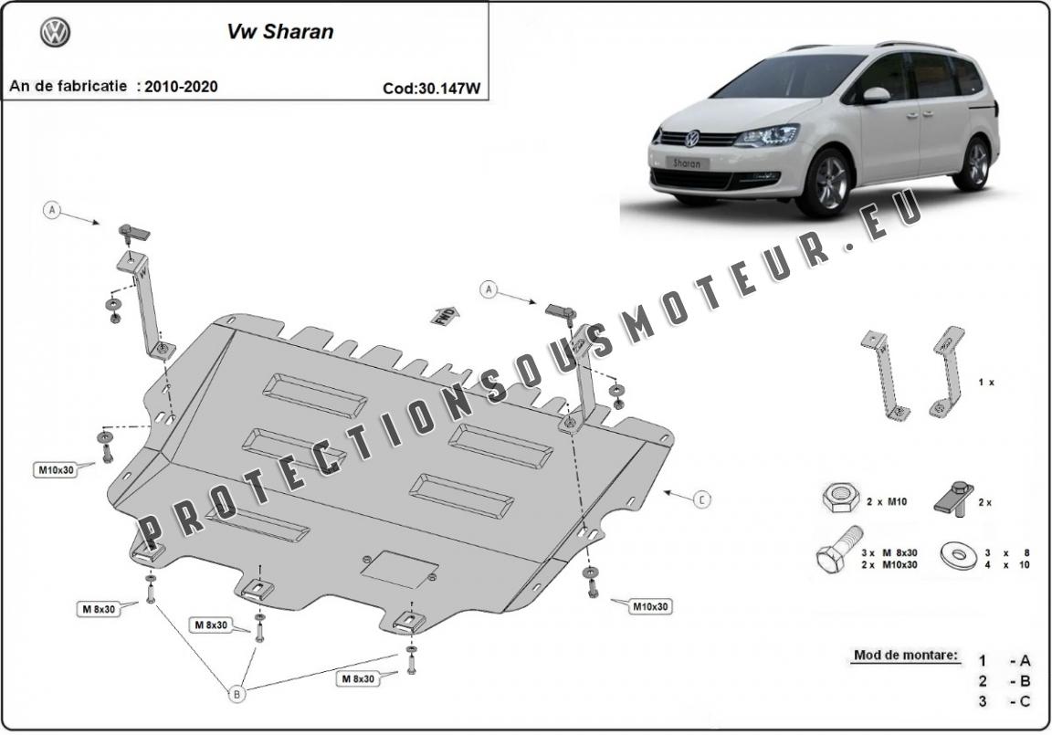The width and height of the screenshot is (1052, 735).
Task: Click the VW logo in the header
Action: (55, 32)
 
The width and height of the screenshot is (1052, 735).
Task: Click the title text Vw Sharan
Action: (280, 32)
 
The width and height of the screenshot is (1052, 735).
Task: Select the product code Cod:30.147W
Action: (431, 88)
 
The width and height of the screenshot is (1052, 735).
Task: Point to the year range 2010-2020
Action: (181, 87)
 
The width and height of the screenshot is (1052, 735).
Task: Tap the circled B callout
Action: (237, 694)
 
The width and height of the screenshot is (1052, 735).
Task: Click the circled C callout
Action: (701, 499)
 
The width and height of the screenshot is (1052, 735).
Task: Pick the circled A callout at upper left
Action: (52, 211)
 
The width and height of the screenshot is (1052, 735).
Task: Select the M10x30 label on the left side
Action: (57, 470)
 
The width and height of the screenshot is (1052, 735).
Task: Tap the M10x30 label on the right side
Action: (650, 606)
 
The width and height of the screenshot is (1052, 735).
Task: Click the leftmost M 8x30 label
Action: (99, 609)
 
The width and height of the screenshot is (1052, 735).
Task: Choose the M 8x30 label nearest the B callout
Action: (211, 625)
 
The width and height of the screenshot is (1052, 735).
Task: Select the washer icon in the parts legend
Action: (960, 557)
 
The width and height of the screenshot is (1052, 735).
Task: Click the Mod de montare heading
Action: (906, 655)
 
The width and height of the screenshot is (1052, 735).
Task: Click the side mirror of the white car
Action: (876, 95)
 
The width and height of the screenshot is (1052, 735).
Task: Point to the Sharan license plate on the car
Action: (687, 163)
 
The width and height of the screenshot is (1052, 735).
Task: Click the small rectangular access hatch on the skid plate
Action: (400, 570)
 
